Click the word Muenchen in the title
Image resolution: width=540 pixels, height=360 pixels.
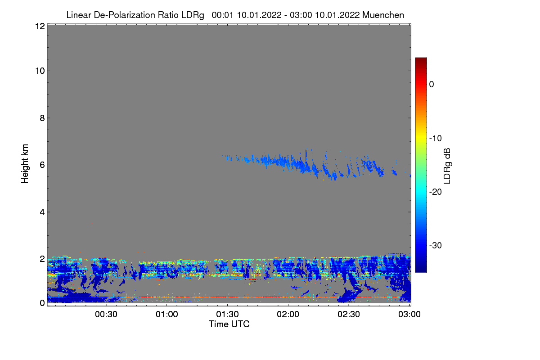pyautogui.click(x=383, y=15)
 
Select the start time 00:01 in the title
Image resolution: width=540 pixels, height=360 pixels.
pyautogui.click(x=221, y=15)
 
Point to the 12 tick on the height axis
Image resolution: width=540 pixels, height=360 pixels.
pyautogui.click(x=39, y=26)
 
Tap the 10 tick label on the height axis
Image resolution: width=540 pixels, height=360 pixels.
pyautogui.click(x=39, y=71)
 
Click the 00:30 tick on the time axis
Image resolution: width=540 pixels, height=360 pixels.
pyautogui.click(x=106, y=314)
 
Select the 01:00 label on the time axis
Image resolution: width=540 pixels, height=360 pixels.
pyautogui.click(x=167, y=314)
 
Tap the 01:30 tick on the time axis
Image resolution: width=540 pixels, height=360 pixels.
pyautogui.click(x=228, y=314)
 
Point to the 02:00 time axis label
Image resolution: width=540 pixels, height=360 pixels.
pyautogui.click(x=288, y=314)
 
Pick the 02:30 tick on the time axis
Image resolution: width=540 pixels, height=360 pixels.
pyautogui.click(x=349, y=314)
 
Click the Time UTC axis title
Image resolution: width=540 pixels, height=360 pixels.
pyautogui.click(x=229, y=324)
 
